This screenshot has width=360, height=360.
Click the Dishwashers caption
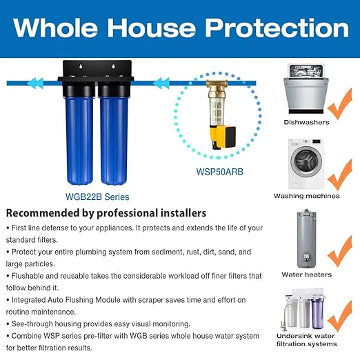[x=306, y=121]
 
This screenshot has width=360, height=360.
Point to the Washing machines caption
[x=307, y=196]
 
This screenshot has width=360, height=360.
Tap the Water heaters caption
[x=307, y=274]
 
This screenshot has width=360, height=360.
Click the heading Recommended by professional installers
[x=106, y=212]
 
